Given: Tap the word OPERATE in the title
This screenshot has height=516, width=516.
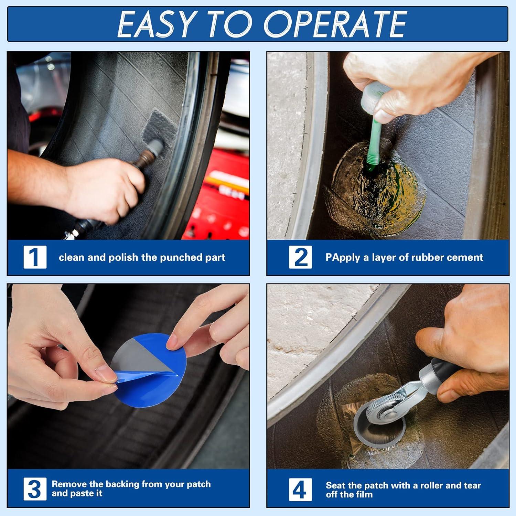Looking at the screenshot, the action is pos(335,24).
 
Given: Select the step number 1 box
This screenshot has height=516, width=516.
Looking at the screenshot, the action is pos(35,257).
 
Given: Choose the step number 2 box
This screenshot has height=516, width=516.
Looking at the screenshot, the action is pos(301,257).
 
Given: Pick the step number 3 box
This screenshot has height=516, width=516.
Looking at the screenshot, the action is pos(35,489).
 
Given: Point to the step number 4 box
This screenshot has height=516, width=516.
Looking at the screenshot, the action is pos(300,489).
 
